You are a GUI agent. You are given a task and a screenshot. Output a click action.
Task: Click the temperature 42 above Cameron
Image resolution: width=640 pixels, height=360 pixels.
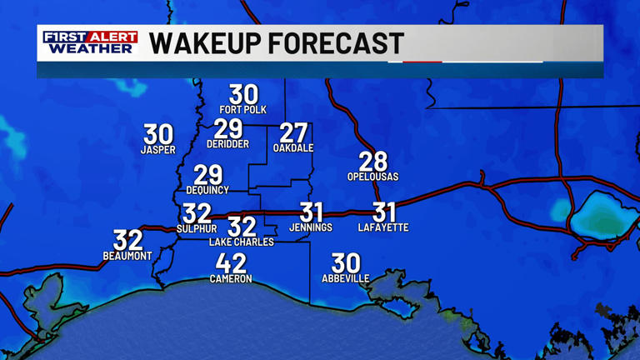(231, 262)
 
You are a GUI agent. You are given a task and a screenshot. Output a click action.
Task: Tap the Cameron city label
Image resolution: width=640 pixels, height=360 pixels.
(231, 279)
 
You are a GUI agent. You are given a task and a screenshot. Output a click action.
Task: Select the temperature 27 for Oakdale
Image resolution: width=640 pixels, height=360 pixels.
(293, 132)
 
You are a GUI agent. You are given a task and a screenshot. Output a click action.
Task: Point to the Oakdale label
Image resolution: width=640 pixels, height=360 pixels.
(293, 148)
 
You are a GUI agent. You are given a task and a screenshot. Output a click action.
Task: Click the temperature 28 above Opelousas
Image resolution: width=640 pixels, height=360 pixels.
(373, 161)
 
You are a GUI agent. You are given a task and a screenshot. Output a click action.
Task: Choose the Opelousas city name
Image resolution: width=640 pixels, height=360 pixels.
(373, 177)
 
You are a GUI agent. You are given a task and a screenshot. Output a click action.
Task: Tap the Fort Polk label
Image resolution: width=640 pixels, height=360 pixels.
(243, 110)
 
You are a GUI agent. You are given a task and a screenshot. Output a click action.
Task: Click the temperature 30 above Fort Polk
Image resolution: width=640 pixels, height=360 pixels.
(243, 94)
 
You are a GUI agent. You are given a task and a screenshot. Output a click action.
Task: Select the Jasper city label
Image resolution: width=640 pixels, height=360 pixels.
(158, 150)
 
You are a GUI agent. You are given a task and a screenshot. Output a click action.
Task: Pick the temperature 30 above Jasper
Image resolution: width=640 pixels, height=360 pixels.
(158, 134)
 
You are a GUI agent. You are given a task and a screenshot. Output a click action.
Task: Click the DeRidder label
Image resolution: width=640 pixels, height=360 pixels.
(227, 144)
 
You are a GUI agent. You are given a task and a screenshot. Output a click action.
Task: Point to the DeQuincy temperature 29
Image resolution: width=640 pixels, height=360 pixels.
(208, 175)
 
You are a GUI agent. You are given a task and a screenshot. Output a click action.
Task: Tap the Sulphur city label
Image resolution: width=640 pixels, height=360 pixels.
(197, 228)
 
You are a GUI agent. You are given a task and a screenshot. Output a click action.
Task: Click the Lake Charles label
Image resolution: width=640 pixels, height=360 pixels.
(241, 242)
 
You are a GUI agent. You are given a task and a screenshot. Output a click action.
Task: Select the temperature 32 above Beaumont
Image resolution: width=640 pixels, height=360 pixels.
(128, 240)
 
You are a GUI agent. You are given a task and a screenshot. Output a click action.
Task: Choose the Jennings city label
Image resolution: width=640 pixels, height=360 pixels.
(311, 227)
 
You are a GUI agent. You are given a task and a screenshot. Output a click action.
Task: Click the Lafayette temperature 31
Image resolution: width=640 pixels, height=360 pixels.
(384, 212)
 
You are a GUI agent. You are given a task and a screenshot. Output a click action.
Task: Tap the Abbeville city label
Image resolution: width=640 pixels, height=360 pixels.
(346, 278)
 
